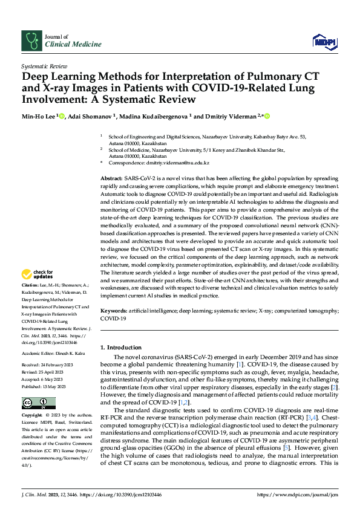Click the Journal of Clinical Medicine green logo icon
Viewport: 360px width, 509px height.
30,41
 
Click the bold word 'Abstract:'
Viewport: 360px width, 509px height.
111,180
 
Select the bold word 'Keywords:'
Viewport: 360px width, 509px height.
114,310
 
